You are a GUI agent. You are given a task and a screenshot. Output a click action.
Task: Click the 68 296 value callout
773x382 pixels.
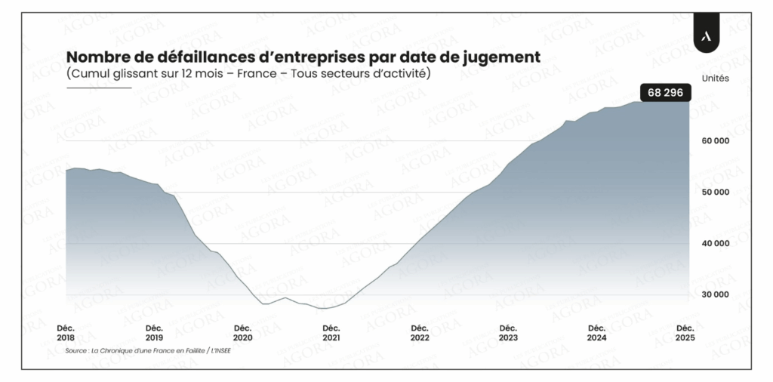(x=664, y=93)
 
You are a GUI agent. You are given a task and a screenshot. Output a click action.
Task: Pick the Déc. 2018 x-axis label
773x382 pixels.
(x=66, y=332)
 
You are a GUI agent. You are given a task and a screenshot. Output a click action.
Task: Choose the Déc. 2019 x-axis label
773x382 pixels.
(x=154, y=332)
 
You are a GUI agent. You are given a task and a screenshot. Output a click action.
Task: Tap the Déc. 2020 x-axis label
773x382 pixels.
(x=242, y=332)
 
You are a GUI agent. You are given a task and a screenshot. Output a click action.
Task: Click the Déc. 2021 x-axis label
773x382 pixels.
(x=331, y=332)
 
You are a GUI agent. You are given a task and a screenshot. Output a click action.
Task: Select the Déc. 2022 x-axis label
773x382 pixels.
(x=420, y=332)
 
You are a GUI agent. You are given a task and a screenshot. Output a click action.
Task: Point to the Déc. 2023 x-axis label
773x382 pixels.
(x=508, y=332)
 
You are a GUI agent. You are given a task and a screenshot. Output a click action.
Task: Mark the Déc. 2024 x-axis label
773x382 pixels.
(x=596, y=332)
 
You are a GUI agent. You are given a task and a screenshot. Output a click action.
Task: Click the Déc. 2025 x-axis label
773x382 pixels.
(x=685, y=332)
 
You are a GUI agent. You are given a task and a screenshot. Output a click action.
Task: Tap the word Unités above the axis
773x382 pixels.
(x=715, y=78)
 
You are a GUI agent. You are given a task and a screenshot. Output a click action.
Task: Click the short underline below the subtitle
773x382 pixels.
(x=98, y=88)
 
